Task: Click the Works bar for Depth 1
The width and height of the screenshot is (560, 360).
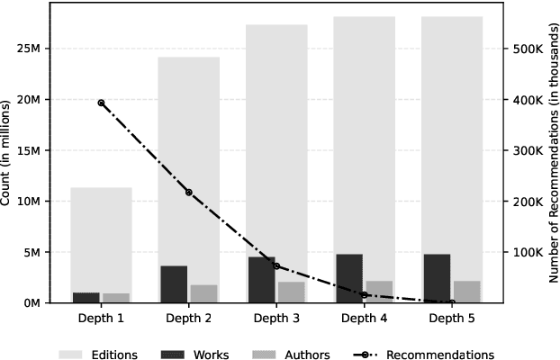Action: tap(86, 297)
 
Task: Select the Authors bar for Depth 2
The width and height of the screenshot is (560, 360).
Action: tap(203, 293)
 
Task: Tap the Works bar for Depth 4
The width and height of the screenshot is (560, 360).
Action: tap(349, 278)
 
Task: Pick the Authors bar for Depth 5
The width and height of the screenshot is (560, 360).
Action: tap(466, 292)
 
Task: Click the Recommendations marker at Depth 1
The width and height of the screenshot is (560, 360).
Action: tap(101, 103)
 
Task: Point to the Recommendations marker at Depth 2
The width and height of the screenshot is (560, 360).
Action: tap(188, 193)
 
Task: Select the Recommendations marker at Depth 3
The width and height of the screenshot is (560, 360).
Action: tap(276, 266)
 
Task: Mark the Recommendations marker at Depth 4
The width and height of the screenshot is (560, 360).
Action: tap(364, 294)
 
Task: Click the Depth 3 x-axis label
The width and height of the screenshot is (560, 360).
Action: tap(276, 319)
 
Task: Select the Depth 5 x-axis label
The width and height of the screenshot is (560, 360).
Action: tap(451, 319)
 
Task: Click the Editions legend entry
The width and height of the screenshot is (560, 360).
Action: tap(98, 355)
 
